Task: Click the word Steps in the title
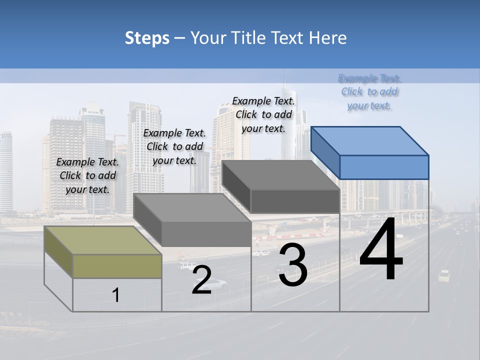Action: pyautogui.click(x=146, y=38)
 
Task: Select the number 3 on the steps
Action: pyautogui.click(x=292, y=265)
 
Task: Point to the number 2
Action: pyautogui.click(x=201, y=280)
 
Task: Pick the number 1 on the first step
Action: pyautogui.click(x=116, y=295)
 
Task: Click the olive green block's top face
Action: pyautogui.click(x=102, y=240)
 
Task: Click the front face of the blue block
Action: pyautogui.click(x=384, y=167)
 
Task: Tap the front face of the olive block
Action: pyautogui.click(x=117, y=266)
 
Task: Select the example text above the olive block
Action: pyautogui.click(x=87, y=175)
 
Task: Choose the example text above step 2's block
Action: pyautogui.click(x=174, y=146)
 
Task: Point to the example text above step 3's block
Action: pyautogui.click(x=263, y=114)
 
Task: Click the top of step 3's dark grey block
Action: pyautogui.click(x=280, y=175)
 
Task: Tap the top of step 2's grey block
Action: pyautogui.click(x=192, y=207)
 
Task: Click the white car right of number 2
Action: pyautogui.click(x=216, y=284)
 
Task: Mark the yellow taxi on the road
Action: pyautogui.click(x=443, y=275)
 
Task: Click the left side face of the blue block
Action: pyautogui.click(x=325, y=152)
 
